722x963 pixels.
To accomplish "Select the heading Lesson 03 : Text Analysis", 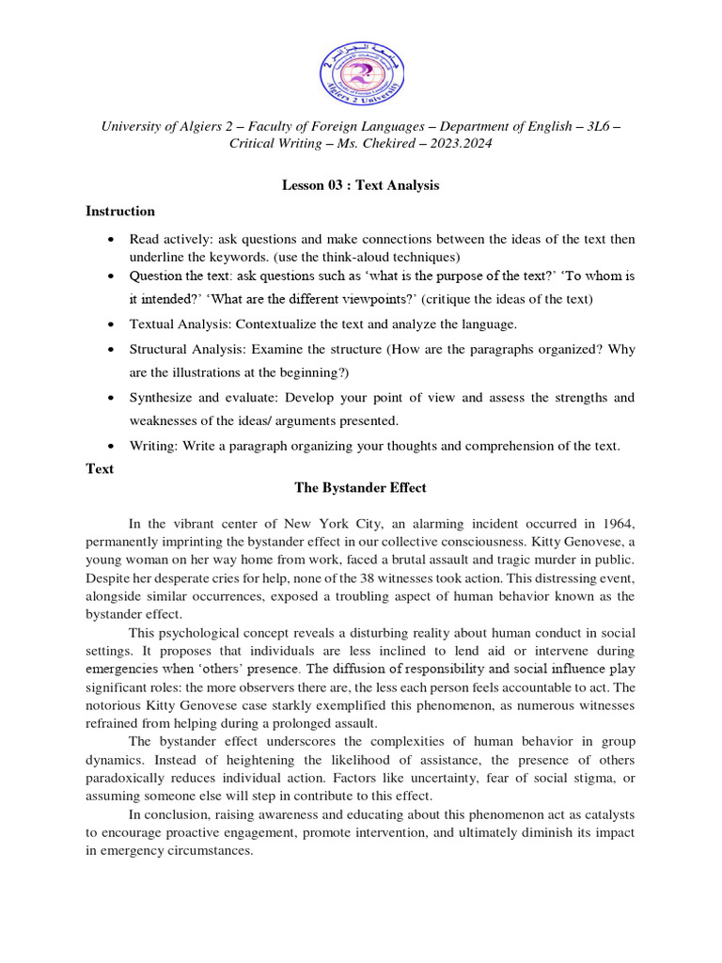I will [361, 185].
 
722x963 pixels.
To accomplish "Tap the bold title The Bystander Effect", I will [361, 487].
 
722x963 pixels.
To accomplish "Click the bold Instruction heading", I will [120, 211].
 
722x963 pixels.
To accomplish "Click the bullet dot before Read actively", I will [113, 240].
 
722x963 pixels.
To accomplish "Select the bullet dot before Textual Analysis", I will [113, 324].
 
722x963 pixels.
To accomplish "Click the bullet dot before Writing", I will [113, 447].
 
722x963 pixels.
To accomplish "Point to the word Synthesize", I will [162, 398].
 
